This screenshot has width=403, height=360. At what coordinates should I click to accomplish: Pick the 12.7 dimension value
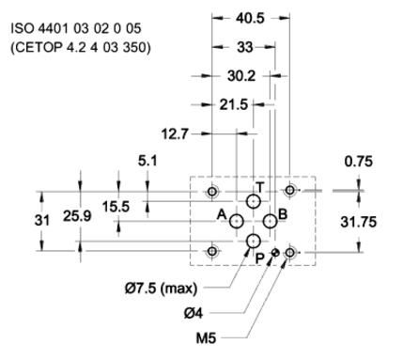pyautogui.click(x=176, y=133)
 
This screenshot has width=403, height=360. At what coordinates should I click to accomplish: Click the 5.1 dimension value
pyautogui.click(x=148, y=161)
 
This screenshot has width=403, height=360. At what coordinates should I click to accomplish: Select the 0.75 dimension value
pyautogui.click(x=358, y=161)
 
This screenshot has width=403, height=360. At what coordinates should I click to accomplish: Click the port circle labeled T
pyautogui.click(x=254, y=201)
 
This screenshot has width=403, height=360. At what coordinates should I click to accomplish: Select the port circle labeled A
pyautogui.click(x=237, y=221)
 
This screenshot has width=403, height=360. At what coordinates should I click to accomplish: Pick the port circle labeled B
pyautogui.click(x=271, y=221)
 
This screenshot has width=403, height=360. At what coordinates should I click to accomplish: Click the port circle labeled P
pyautogui.click(x=254, y=242)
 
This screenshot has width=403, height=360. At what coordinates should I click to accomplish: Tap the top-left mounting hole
pyautogui.click(x=212, y=192)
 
